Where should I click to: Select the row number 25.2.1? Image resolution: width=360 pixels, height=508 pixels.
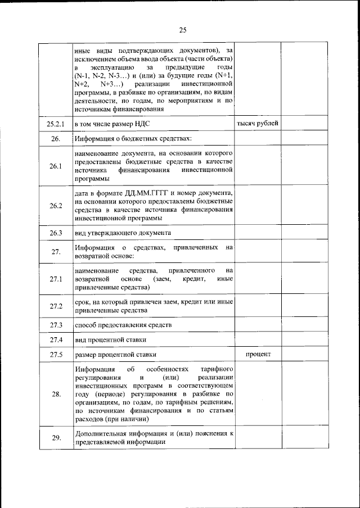55,123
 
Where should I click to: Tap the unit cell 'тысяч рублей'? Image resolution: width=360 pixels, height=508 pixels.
257,123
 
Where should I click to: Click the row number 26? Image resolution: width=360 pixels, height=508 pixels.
55,138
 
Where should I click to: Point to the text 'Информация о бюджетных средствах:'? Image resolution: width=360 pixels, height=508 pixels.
133,138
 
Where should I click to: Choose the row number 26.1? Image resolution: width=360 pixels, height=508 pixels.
55,166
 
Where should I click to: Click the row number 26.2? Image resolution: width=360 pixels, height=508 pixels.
55,205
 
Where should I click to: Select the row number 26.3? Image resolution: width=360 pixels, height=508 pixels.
55,232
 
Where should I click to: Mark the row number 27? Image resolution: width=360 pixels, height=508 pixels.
55,252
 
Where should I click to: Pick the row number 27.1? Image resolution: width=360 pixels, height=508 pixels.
55,279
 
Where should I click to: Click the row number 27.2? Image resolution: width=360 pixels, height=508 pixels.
55,306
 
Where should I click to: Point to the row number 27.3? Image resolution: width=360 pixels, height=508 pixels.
55,325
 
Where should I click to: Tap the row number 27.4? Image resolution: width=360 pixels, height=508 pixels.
55,340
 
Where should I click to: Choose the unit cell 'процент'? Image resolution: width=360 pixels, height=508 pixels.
258,355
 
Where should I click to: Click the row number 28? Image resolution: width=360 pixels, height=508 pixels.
55,394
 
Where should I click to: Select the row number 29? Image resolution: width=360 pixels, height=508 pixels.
55,438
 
